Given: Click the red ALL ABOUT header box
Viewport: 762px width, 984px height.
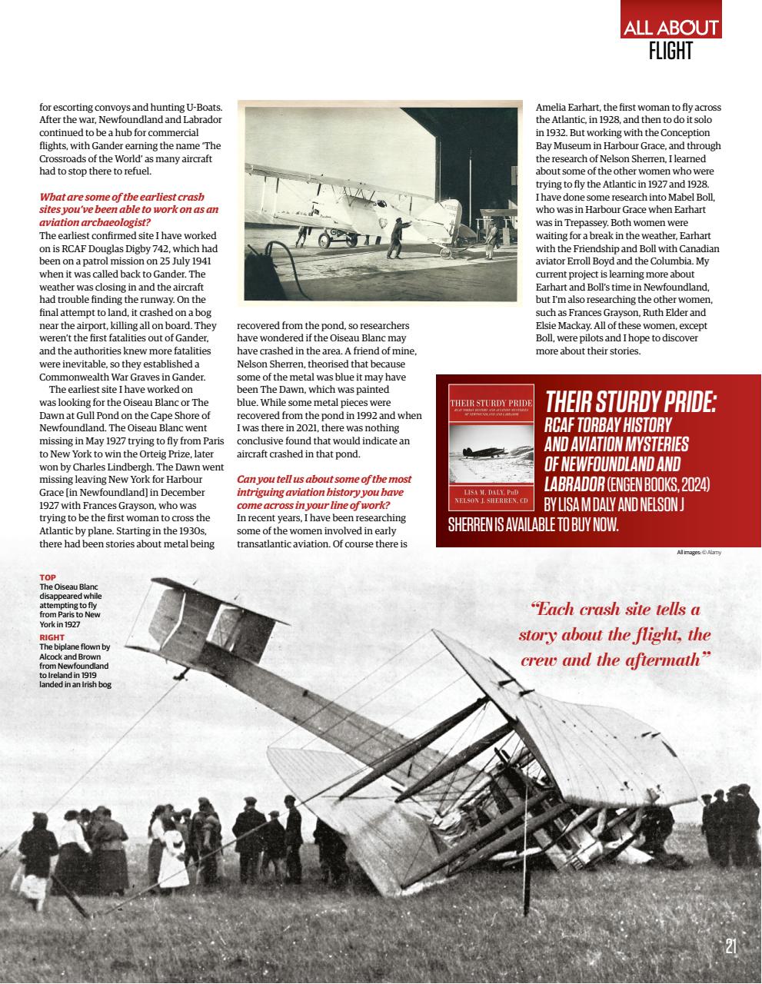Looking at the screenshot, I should click(670, 27).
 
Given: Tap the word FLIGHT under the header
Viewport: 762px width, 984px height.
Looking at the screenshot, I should click(670, 52).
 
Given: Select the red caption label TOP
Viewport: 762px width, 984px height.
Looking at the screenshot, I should click(48, 577).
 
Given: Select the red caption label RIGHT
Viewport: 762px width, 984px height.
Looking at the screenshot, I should click(52, 637).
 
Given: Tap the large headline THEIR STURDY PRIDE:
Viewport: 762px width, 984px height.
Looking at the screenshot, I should click(631, 401).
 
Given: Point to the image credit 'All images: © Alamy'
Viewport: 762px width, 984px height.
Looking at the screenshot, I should click(699, 552).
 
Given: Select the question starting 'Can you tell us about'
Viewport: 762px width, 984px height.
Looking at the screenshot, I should click(323, 491).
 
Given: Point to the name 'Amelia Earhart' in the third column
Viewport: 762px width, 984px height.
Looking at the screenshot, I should click(567, 107).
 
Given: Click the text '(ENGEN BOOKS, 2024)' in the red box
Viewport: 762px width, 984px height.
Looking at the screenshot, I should click(658, 485).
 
